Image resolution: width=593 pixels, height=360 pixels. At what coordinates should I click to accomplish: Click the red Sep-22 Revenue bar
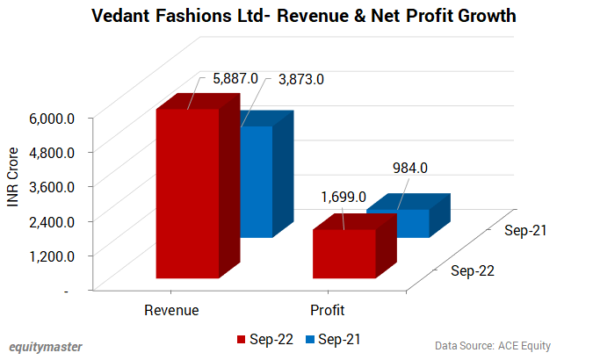pos(187,193)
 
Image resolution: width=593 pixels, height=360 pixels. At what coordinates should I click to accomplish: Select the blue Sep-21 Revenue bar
pos(257,180)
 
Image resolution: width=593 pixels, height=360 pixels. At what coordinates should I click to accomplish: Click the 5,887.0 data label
pos(235,79)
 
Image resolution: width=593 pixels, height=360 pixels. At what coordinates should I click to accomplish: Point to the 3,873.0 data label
pos(301,79)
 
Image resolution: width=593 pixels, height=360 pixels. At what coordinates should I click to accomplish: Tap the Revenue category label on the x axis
pos(171,310)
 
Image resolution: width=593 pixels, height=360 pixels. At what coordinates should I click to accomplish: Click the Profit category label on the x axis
pos(327,310)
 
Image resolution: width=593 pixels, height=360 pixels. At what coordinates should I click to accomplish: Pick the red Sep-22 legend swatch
pos(242,339)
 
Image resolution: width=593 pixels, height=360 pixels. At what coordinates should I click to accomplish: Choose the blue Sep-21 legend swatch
pos(309,339)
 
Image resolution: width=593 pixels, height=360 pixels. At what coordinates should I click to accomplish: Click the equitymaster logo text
pos(46,346)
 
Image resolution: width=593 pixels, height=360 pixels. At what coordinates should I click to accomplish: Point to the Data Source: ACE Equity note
pos(492,346)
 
